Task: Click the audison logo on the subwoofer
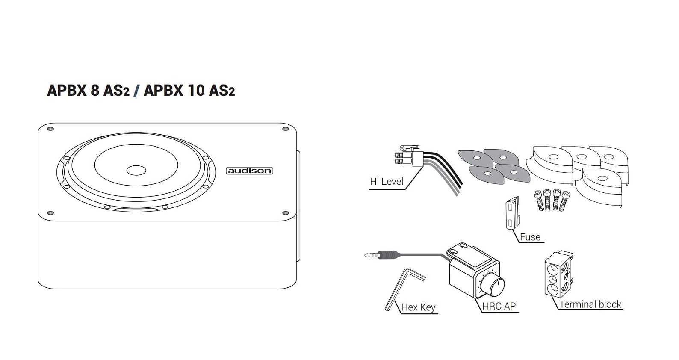249,171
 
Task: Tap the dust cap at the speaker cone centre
136,170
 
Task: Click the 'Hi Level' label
387,181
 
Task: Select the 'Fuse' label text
530,237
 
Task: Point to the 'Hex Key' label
418,307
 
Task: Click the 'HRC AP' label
499,306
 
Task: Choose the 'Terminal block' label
590,304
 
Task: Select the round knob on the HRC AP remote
494,285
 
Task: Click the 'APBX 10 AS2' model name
189,91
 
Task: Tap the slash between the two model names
136,91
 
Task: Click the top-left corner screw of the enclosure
50,129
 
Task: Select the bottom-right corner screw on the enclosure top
286,213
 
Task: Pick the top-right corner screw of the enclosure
286,129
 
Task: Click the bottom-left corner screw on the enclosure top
50,213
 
